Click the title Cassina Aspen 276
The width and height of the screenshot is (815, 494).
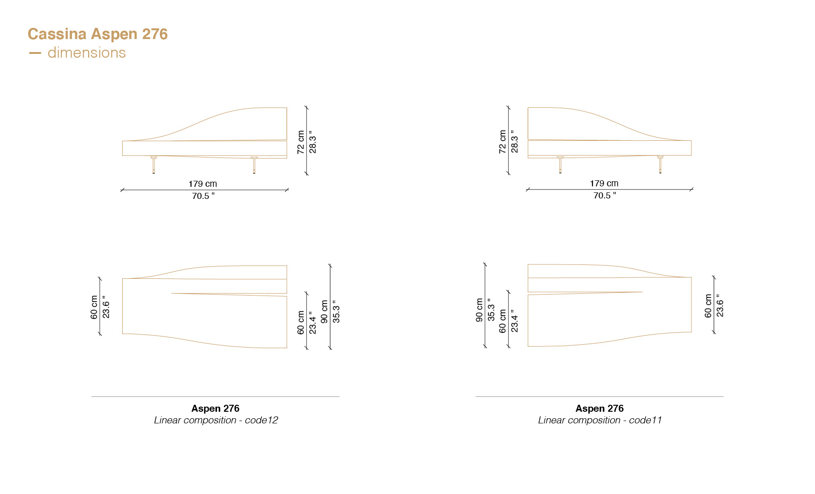(98, 34)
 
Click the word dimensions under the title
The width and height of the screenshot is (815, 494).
(86, 53)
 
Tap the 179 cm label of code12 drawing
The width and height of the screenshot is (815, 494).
(203, 184)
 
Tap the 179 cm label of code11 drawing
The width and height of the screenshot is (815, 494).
(604, 184)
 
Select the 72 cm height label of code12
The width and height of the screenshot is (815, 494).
(301, 142)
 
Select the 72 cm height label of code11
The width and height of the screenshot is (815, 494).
(502, 142)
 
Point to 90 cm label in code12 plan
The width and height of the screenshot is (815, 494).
(324, 311)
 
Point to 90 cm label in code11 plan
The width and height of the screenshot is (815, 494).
(479, 310)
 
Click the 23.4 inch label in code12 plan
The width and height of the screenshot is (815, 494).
(313, 322)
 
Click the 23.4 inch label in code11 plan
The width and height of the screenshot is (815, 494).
(514, 321)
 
